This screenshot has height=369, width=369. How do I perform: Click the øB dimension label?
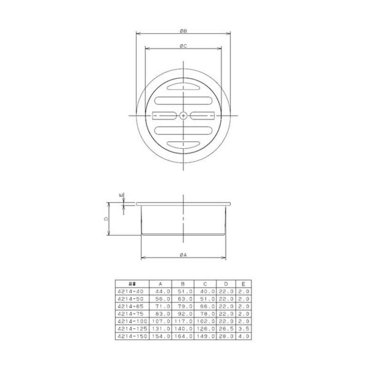(x=184, y=31)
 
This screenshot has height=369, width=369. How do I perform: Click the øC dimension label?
(x=184, y=45)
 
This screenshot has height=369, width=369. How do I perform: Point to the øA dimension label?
(x=184, y=255)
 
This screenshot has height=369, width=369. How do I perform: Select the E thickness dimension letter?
(x=122, y=196)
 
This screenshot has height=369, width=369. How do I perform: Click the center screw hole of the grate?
(x=184, y=115)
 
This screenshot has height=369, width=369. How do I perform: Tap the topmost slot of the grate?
(x=184, y=86)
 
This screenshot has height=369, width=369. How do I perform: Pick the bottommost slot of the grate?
(x=184, y=144)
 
